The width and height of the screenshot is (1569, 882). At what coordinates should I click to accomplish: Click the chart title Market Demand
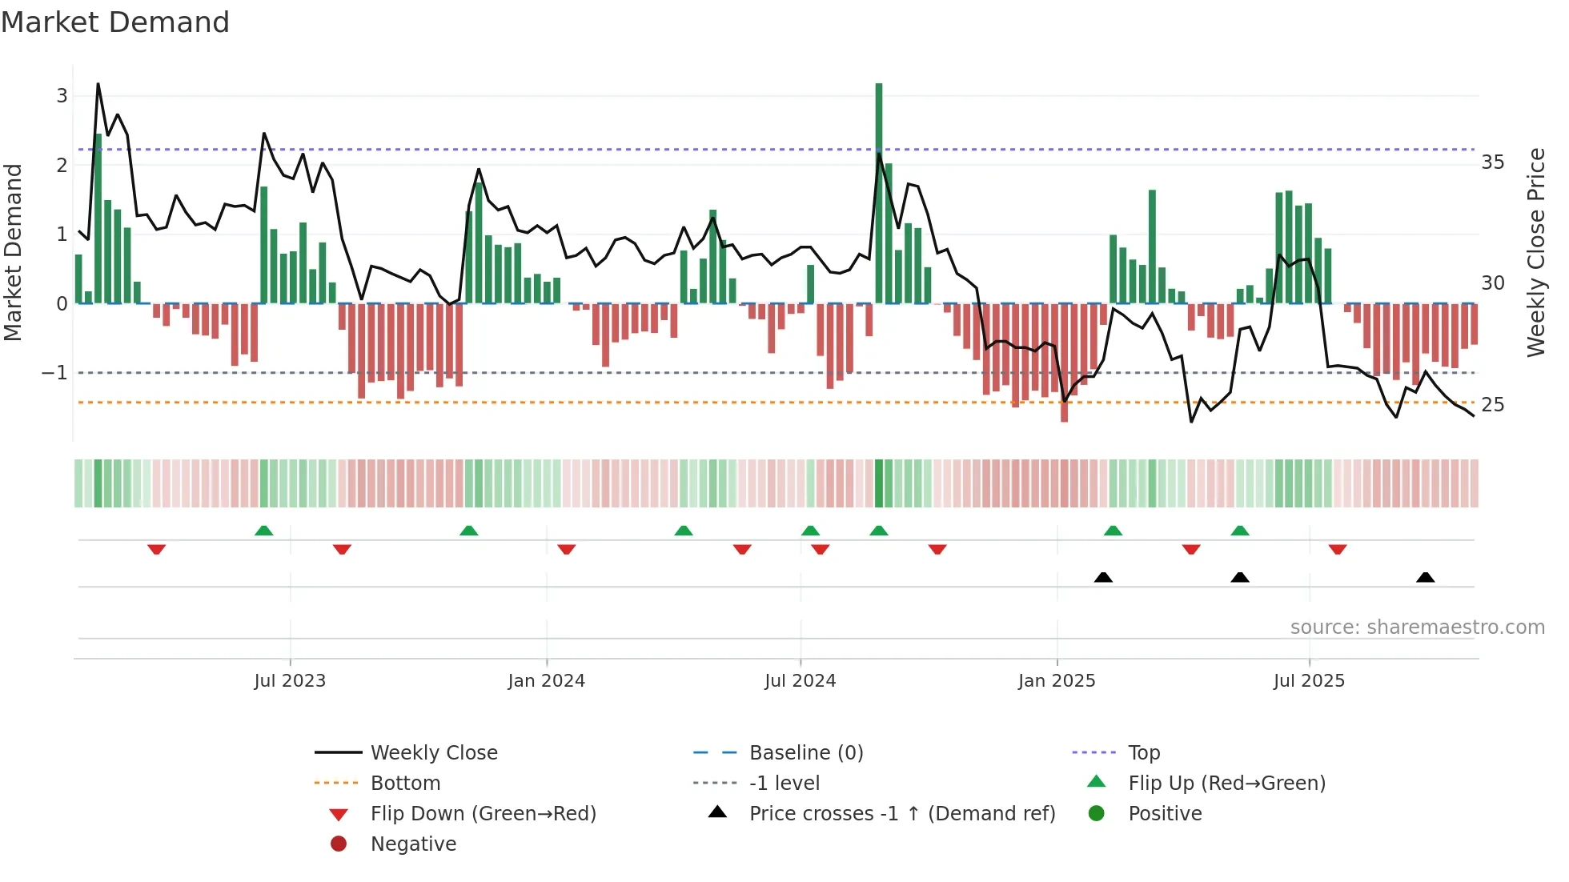pyautogui.click(x=115, y=22)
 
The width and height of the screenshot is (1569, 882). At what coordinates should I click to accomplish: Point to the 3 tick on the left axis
pyautogui.click(x=62, y=96)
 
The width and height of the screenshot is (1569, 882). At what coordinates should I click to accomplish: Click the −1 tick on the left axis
pyautogui.click(x=54, y=373)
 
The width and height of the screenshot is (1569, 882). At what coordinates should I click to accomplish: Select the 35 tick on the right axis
pyautogui.click(x=1492, y=162)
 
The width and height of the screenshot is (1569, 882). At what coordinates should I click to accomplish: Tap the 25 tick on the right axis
pyautogui.click(x=1492, y=405)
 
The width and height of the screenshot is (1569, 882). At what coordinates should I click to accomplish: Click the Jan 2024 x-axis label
pyautogui.click(x=546, y=681)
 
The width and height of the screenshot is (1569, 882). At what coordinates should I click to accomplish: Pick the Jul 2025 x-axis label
pyautogui.click(x=1309, y=681)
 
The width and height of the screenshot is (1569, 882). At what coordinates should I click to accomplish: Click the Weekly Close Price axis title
pyautogui.click(x=1535, y=252)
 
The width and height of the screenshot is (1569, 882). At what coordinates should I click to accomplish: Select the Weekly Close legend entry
pyautogui.click(x=433, y=753)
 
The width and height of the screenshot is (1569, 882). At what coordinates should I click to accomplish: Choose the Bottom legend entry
pyautogui.click(x=405, y=784)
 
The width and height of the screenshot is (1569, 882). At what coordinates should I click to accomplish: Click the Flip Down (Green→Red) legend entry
pyautogui.click(x=483, y=814)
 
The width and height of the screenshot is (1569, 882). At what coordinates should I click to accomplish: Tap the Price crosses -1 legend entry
pyautogui.click(x=901, y=814)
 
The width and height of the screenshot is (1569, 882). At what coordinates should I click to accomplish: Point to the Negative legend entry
pyautogui.click(x=413, y=844)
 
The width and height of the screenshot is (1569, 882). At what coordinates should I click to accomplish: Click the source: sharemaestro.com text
pyautogui.click(x=1417, y=627)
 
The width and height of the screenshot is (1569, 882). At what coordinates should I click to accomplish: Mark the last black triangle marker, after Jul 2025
pyautogui.click(x=1425, y=578)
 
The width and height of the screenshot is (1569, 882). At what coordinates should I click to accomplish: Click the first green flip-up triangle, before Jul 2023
pyautogui.click(x=263, y=531)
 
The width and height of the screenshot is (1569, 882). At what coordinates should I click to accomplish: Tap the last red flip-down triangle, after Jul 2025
pyautogui.click(x=1338, y=549)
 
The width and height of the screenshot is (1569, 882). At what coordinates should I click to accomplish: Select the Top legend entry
pyautogui.click(x=1143, y=753)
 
